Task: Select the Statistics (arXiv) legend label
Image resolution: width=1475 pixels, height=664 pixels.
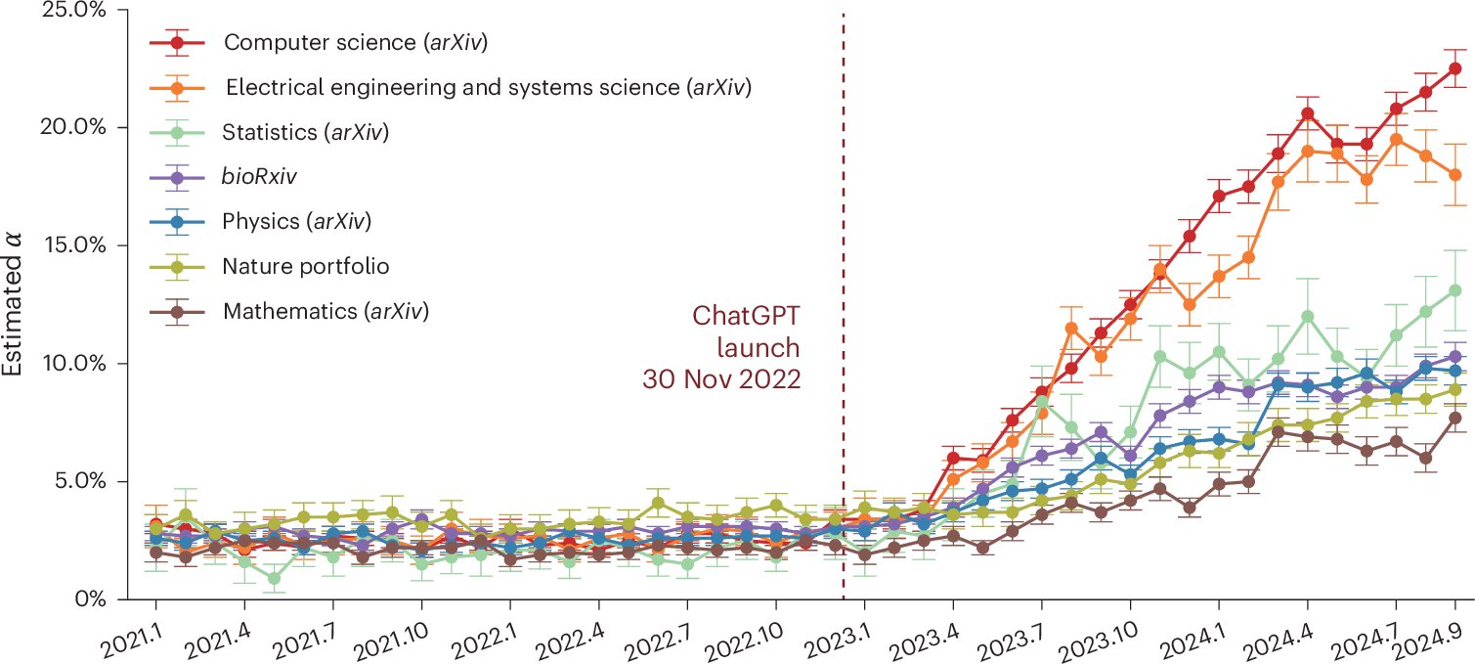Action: [x=306, y=132]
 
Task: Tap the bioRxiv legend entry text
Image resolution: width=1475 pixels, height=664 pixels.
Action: [x=260, y=177]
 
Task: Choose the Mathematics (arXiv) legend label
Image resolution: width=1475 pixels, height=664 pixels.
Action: [x=326, y=311]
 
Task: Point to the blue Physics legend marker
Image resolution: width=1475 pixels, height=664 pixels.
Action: [x=177, y=221]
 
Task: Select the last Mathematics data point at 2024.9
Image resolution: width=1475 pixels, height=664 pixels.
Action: [x=1454, y=418]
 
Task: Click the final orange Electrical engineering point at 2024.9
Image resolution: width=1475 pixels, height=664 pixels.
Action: [x=1454, y=174]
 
